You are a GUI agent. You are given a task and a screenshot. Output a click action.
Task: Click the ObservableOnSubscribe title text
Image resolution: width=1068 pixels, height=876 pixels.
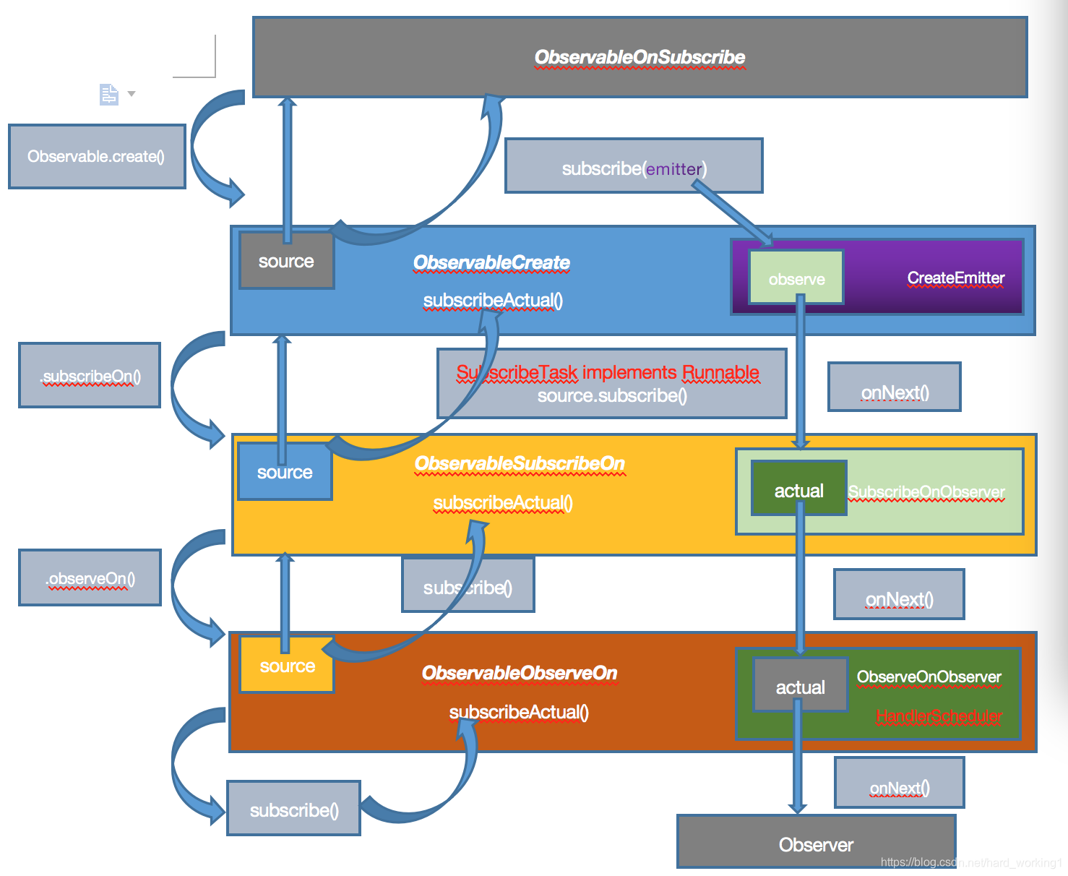coord(639,57)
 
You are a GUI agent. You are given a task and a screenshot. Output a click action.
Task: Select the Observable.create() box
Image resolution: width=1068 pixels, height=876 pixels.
coord(97,156)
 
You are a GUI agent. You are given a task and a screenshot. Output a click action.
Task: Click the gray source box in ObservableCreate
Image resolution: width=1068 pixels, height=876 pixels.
coord(286,261)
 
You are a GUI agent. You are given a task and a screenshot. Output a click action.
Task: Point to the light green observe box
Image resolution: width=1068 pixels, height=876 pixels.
coord(796,278)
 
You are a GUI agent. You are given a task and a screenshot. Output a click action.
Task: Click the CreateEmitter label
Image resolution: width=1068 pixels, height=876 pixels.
coord(955,278)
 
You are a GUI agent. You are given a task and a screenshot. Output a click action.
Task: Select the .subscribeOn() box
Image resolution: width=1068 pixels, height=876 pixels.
coord(90,376)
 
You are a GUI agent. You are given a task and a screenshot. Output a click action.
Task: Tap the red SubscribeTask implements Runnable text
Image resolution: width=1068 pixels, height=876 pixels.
coord(608,372)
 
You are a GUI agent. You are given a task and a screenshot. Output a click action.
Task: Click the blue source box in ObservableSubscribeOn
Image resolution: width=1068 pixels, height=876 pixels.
coord(285,473)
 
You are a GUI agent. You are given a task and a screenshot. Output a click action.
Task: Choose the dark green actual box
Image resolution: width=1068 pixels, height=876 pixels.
coord(798,490)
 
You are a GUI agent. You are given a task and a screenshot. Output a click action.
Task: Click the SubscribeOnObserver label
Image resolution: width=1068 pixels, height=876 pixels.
coord(926,492)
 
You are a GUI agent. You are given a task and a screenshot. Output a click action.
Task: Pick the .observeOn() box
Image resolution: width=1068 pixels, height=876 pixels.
coord(90,578)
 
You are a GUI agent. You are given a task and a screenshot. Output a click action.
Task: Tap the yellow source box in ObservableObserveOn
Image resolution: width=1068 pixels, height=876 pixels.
coord(287,666)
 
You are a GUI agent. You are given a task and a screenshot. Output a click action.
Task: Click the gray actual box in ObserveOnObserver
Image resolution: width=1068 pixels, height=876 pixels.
coord(800,687)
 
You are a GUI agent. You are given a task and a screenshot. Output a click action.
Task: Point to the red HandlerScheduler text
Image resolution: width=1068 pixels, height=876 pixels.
coord(939,716)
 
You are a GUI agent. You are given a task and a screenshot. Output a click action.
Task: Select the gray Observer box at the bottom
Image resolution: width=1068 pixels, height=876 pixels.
coord(816,843)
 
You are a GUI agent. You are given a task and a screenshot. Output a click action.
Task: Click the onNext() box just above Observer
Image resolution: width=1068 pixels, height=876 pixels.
coord(899,787)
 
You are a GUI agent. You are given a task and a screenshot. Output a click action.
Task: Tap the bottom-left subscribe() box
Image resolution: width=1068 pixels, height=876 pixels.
coord(294,810)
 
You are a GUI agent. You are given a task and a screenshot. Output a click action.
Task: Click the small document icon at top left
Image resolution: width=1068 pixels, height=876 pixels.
coord(109,95)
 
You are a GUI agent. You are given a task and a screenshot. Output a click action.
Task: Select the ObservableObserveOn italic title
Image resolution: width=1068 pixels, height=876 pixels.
coord(520,673)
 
